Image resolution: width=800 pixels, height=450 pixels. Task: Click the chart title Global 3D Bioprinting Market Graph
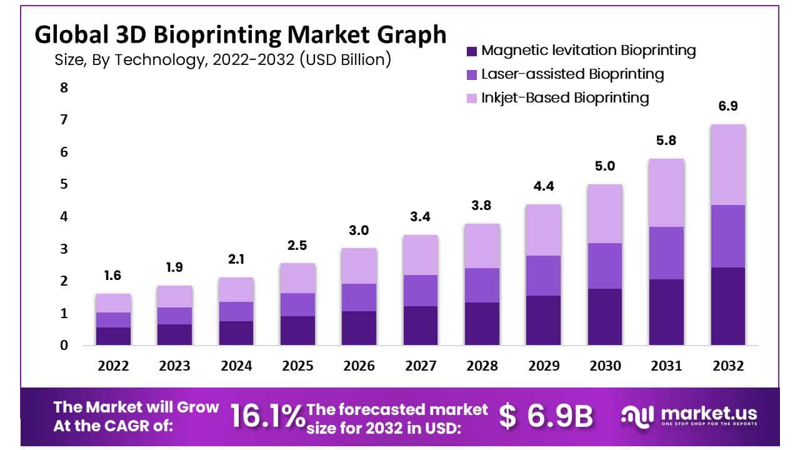click(x=241, y=35)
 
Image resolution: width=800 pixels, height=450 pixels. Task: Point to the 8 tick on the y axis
click(x=64, y=87)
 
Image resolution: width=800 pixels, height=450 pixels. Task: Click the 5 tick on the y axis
click(x=64, y=184)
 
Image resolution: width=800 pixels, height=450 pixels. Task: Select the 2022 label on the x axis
click(x=113, y=366)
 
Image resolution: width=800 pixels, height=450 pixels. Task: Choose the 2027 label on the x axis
click(x=421, y=366)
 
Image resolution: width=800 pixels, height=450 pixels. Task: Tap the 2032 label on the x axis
click(x=728, y=366)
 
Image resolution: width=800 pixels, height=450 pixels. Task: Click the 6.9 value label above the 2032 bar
click(x=728, y=106)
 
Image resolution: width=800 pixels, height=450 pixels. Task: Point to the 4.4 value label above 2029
click(x=543, y=186)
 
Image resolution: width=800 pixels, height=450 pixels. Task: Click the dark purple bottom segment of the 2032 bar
click(x=728, y=306)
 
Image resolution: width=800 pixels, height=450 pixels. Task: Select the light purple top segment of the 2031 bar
click(x=666, y=192)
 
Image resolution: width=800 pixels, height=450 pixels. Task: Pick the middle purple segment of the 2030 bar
click(x=605, y=266)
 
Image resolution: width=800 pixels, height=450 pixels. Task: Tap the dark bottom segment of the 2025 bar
click(x=297, y=331)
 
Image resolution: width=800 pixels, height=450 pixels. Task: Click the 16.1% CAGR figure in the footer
click(x=266, y=416)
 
